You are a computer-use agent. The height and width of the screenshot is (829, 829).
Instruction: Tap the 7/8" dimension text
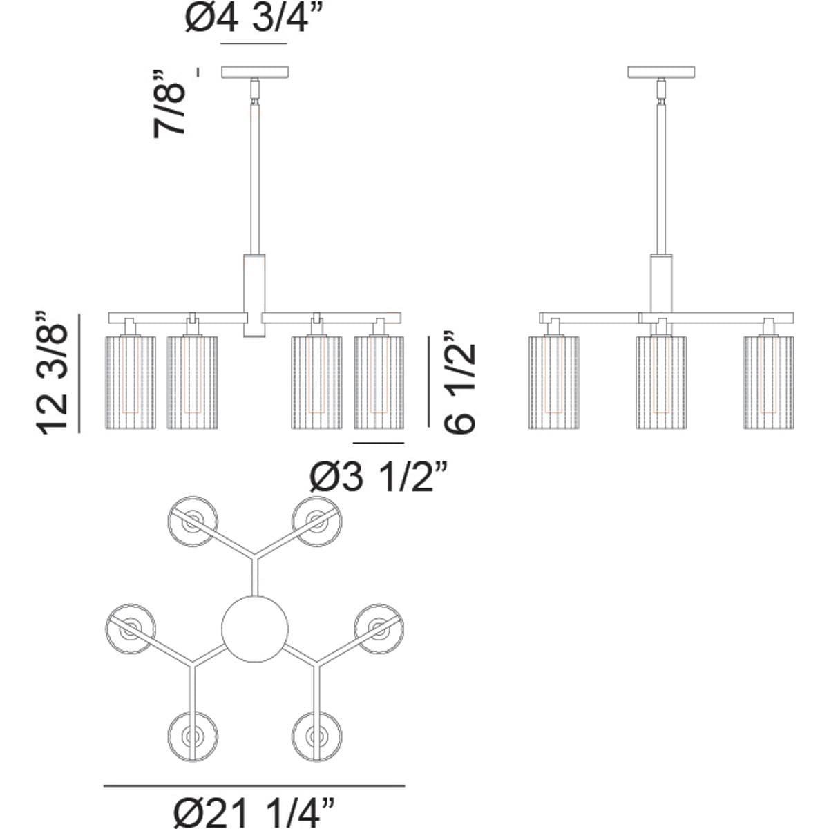point(169,104)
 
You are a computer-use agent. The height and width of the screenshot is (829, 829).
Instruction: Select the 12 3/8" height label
point(52,372)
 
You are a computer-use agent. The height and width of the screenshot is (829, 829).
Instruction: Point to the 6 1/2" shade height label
point(459,382)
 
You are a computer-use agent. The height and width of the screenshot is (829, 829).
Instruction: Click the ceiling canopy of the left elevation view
point(255,73)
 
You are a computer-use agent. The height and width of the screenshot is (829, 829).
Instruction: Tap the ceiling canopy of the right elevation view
point(661,73)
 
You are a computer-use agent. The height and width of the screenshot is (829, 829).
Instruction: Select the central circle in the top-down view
point(255,629)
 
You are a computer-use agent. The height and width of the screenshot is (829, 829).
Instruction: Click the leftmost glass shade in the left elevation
point(131,383)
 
